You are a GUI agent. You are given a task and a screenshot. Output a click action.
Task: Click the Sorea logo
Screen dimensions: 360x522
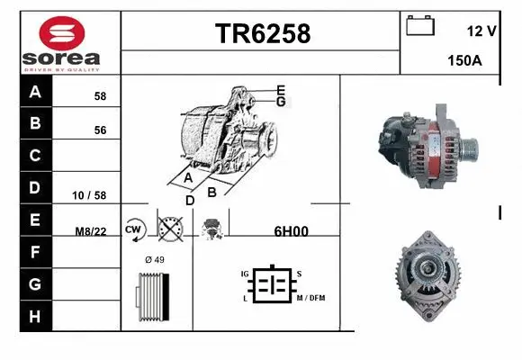point(61,43)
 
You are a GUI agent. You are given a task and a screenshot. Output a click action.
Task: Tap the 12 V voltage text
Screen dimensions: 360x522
point(481,31)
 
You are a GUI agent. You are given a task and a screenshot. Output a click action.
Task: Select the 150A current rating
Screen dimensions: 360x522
point(465,61)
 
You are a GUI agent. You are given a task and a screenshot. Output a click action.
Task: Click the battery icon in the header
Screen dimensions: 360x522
point(420,26)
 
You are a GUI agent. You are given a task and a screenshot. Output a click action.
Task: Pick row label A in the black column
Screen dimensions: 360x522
point(35,92)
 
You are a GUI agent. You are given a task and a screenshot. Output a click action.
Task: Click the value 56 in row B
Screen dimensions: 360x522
point(100,130)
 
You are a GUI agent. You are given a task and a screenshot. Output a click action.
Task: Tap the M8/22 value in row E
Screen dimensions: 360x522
point(91,231)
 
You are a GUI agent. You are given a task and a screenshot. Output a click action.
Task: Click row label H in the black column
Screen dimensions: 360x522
point(35,316)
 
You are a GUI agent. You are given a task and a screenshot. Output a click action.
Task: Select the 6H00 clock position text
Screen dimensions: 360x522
point(290,230)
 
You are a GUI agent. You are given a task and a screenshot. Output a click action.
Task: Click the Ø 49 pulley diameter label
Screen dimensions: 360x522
point(154,260)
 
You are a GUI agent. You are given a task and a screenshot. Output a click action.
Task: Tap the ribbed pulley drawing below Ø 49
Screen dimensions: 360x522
point(151,297)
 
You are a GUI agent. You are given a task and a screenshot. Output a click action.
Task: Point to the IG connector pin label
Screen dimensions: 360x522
point(244,273)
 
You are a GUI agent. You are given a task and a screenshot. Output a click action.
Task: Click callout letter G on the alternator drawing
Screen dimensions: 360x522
point(281,102)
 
